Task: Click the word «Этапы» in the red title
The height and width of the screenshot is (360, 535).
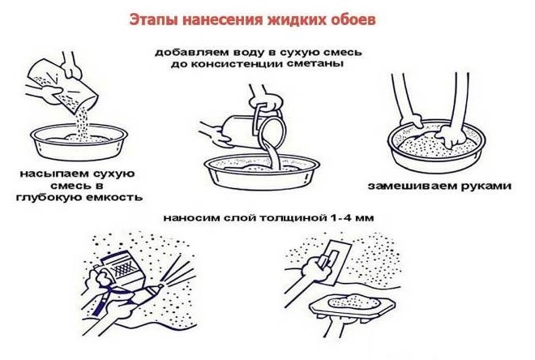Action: tap(153, 19)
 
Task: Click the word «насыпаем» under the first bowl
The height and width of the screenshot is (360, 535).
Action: tap(49, 174)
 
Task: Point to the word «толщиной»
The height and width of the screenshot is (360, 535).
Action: tap(291, 218)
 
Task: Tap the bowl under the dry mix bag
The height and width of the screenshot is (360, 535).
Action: tap(79, 142)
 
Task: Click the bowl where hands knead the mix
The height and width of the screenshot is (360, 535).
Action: tap(436, 147)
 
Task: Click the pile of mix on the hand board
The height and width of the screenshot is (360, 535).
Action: tap(353, 302)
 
